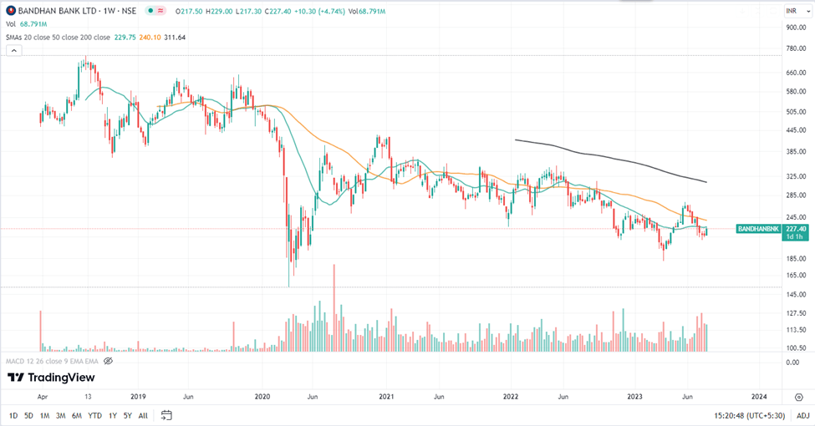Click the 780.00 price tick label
[795, 48]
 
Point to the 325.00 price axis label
[795, 177]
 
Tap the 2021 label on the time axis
[386, 396]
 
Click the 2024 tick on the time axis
[759, 396]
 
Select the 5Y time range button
[127, 415]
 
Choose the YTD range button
[94, 415]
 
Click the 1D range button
[13, 415]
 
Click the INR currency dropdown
[794, 10]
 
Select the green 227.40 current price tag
[796, 228]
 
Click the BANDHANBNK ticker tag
[758, 228]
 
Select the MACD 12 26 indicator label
[59, 361]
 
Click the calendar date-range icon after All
[166, 415]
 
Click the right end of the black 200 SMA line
[707, 181]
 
